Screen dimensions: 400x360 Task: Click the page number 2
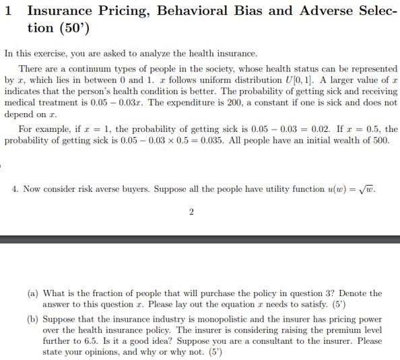click(x=191, y=212)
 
